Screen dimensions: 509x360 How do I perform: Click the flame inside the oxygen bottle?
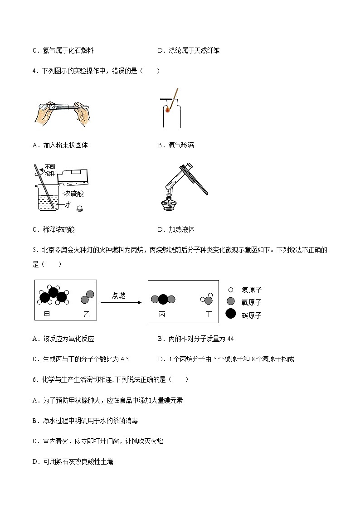168,109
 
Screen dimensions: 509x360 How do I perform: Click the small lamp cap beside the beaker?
80,209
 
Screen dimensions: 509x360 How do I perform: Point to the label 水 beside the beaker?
68,204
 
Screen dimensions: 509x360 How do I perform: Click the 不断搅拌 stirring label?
50,169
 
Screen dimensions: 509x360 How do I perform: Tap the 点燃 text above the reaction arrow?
119,296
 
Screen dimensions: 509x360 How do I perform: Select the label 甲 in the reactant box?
47,314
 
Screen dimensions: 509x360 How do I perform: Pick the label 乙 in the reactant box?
87,314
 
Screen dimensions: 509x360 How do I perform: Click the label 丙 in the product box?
162,314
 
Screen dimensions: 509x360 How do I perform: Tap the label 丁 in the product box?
209,314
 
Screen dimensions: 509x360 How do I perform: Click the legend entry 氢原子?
252,290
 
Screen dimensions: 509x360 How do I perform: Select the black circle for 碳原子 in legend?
231,314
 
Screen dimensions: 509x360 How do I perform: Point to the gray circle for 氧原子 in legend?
231,301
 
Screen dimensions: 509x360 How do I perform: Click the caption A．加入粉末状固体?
60,145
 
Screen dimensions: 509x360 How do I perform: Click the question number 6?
34,379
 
